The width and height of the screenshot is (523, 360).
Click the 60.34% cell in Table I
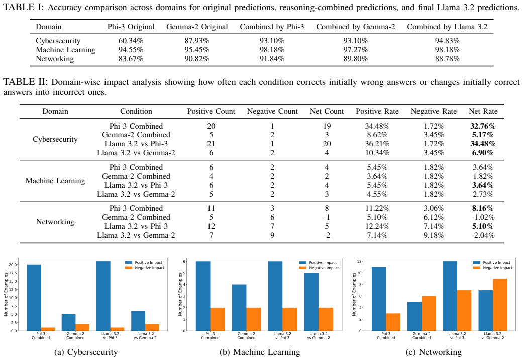[131, 41]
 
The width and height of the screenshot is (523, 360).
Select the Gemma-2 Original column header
[197, 27]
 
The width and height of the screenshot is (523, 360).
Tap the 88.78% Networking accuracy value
[447, 59]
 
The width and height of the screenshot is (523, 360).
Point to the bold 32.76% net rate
[483, 126]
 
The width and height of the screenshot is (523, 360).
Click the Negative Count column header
[272, 111]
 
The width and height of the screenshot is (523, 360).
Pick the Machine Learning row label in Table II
[55, 181]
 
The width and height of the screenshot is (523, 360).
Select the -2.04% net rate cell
[483, 235]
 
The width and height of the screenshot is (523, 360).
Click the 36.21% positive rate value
[377, 144]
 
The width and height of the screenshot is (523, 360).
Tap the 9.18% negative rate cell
[434, 235]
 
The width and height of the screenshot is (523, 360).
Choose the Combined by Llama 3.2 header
[447, 27]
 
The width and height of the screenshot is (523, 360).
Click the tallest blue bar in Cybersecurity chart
[103, 296]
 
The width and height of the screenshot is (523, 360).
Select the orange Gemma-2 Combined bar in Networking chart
[429, 313]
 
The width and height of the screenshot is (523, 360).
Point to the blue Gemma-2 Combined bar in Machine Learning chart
[240, 308]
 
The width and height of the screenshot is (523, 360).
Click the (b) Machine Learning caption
[260, 352]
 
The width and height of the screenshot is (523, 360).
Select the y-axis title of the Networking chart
[354, 294]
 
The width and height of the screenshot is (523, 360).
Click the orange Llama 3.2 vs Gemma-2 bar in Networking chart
[500, 305]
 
